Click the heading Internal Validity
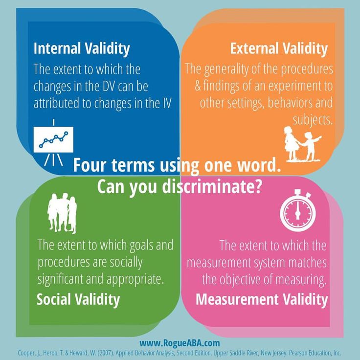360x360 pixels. [x=82, y=49]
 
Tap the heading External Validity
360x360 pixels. [x=279, y=49]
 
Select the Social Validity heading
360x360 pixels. [x=78, y=300]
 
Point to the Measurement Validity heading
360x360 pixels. [x=262, y=299]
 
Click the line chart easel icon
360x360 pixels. [x=53, y=142]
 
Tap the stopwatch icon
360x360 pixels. [x=298, y=210]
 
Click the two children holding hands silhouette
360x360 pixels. [x=302, y=144]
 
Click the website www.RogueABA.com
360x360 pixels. [x=180, y=343]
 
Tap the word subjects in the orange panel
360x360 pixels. [x=313, y=120]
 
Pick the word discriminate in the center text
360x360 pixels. [x=212, y=186]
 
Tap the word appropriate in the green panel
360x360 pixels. [x=135, y=279]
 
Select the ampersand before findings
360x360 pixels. [x=198, y=86]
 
